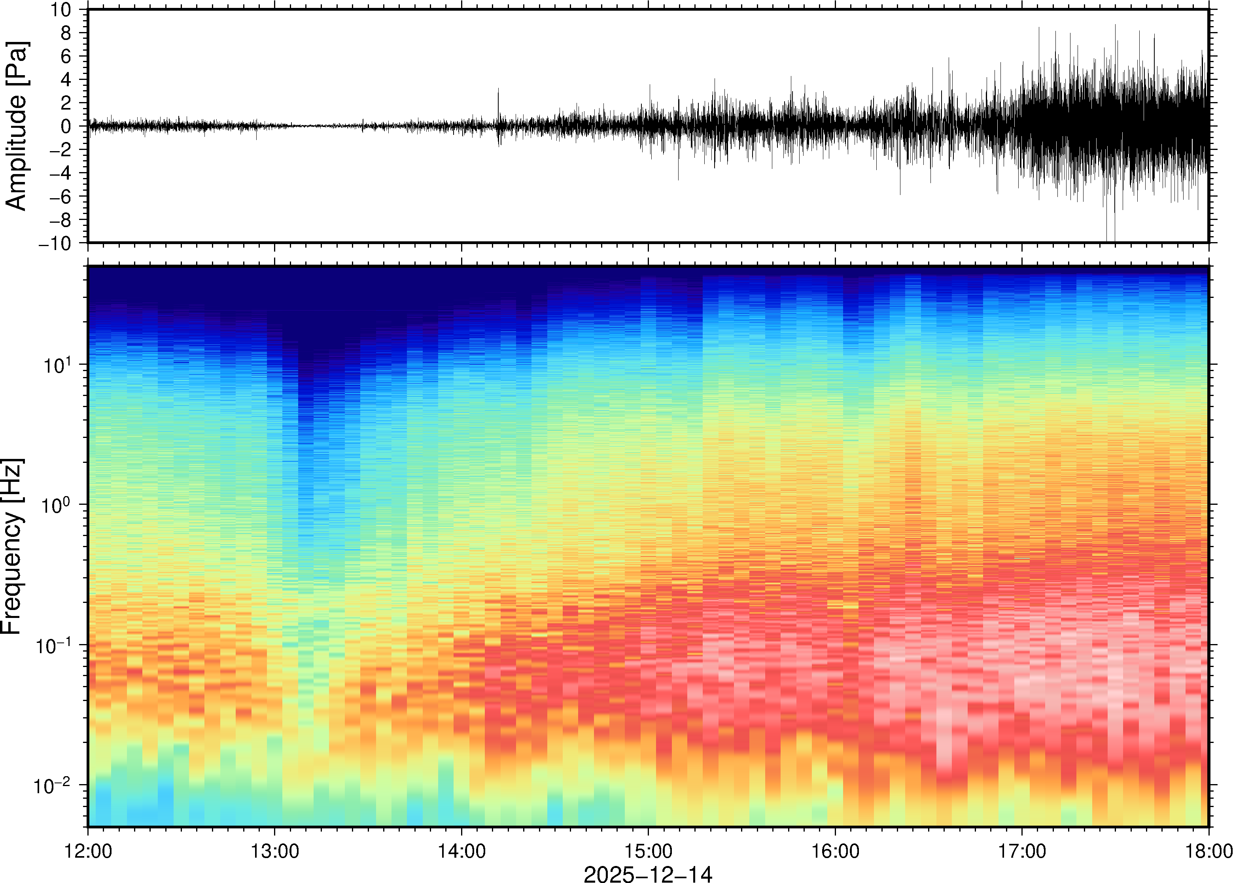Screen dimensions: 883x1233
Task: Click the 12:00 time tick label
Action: pos(88,851)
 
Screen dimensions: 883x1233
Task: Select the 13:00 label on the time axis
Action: pos(274,851)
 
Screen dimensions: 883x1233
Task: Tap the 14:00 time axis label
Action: pos(461,851)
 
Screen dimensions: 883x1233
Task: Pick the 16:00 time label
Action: pos(835,851)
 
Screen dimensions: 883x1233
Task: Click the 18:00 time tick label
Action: pos(1208,851)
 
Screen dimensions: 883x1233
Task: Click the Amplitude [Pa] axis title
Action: pos(16,126)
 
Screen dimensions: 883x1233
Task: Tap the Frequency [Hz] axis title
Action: pos(12,546)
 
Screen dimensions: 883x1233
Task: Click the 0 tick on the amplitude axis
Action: pos(66,127)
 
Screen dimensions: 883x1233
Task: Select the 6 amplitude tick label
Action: pos(66,57)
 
